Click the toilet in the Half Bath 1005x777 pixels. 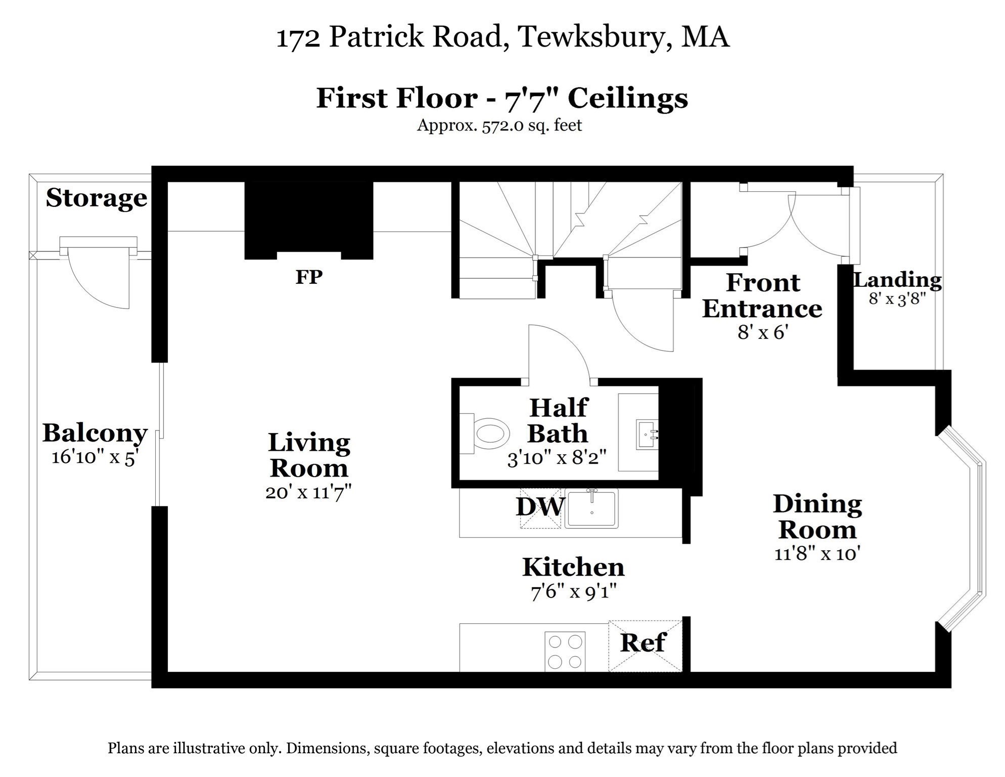point(485,434)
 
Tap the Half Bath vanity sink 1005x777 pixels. point(647,435)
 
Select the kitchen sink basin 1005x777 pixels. point(591,509)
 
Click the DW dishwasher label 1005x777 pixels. point(539,507)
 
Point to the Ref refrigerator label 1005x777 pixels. point(643,643)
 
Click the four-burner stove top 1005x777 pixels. point(565,652)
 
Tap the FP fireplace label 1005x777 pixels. point(309,277)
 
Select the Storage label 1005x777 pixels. point(96,198)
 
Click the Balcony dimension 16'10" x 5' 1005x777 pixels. point(95,457)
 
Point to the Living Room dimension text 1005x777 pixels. point(308,492)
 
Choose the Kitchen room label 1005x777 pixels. point(573,567)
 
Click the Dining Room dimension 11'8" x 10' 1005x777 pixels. point(817,554)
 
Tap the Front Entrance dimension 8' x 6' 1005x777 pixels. point(763,332)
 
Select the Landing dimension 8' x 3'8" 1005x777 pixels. point(897,299)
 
